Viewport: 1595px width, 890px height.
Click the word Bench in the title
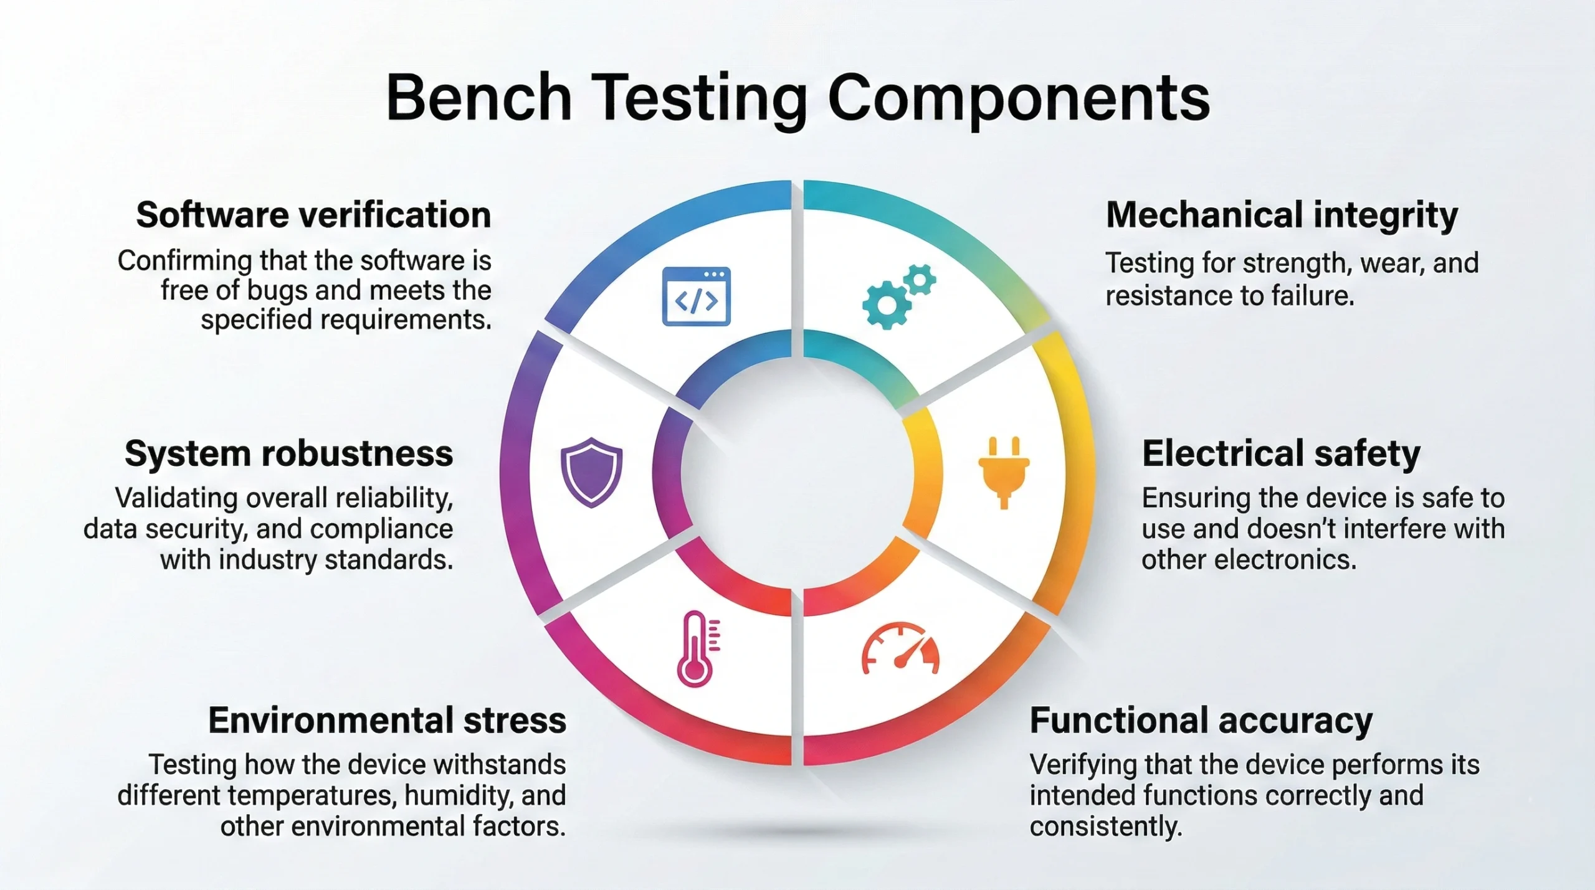478,98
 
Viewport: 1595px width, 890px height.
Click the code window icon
696,296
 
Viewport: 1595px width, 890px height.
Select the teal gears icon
897,296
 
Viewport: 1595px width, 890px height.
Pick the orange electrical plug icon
1003,472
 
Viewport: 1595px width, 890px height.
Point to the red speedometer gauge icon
900,649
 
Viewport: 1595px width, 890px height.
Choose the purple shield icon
591,472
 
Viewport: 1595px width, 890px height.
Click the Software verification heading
313,215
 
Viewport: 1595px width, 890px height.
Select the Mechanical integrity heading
1282,215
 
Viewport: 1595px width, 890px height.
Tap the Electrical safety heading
1281,453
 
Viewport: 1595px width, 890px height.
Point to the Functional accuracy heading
1201,721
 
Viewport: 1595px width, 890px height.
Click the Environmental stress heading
387,721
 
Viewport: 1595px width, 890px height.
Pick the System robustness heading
288,453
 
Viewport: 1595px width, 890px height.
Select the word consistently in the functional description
1105,827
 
